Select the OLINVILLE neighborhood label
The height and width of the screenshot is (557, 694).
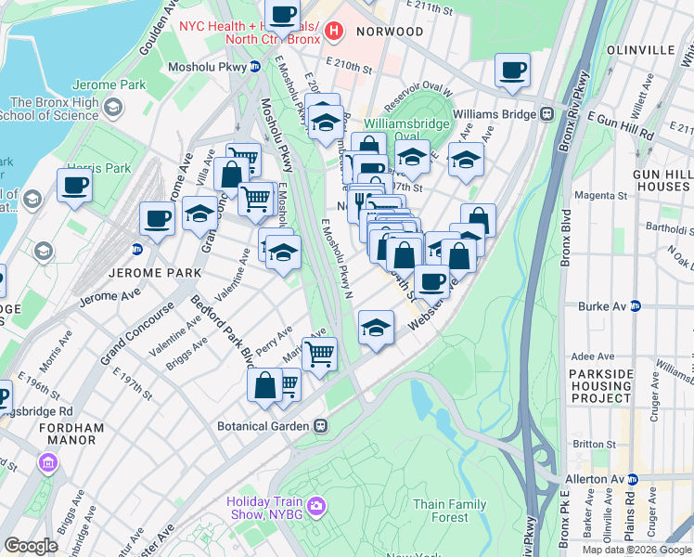click(640, 49)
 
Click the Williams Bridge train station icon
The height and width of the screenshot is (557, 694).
click(547, 114)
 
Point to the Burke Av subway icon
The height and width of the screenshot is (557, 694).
click(636, 305)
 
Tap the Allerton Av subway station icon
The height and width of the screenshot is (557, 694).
click(633, 479)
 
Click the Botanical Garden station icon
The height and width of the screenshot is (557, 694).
click(321, 426)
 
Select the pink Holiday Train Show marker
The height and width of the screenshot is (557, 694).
click(316, 504)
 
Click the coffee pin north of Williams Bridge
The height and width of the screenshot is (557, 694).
click(512, 69)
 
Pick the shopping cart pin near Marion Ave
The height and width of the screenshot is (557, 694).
click(319, 353)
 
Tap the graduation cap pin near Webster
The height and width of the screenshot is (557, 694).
click(375, 328)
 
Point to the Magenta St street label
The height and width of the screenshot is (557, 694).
click(601, 196)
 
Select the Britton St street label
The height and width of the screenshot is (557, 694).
click(594, 445)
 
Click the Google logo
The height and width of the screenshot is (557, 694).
click(32, 546)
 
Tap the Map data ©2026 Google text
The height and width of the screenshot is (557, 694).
click(636, 550)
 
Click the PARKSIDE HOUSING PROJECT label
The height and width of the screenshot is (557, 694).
click(613, 386)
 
